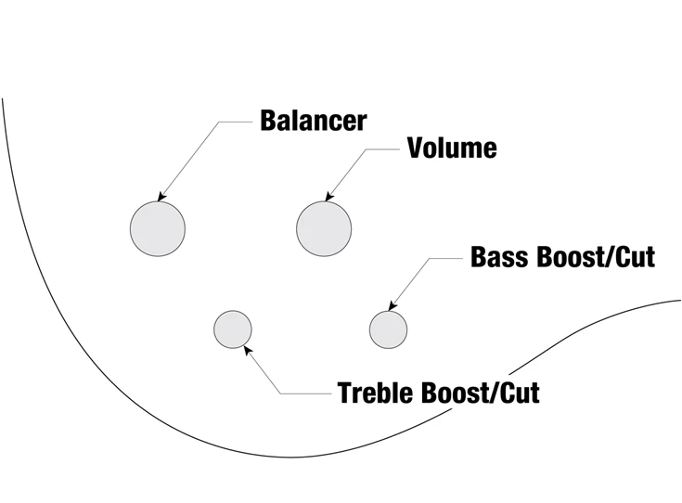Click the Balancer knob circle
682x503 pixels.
pos(158,228)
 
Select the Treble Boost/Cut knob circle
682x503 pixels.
pos(233,329)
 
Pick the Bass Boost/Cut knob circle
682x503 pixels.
pos(388,329)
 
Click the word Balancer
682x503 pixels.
pos(313,121)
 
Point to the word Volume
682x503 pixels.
pos(452,148)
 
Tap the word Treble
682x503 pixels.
pos(377,393)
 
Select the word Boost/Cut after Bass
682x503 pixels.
pos(596,257)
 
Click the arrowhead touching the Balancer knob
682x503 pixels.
pos(161,198)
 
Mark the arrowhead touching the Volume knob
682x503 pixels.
pos(328,197)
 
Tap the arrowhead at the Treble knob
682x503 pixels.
pos(245,349)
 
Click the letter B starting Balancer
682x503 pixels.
pos(268,121)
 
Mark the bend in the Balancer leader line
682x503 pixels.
pos(220,122)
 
